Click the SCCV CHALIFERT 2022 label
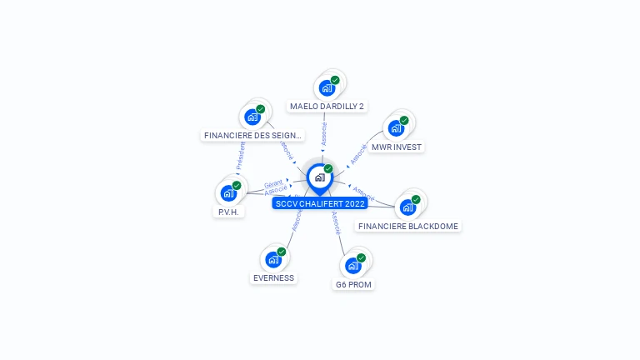coord(319,203)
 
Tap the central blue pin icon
coord(319,177)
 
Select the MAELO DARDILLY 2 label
coord(327,107)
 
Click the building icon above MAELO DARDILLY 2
coord(327,87)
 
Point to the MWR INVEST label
coord(397,147)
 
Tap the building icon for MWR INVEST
coord(397,128)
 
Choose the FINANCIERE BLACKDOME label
coord(407,226)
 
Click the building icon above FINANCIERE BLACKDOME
coord(408,207)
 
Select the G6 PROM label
coord(353,285)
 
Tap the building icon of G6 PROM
coord(353,266)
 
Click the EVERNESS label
coord(273,277)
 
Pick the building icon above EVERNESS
coord(273,259)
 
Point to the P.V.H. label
coord(228,212)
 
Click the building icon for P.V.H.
coord(229,192)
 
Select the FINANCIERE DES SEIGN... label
coord(252,135)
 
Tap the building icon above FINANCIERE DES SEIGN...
coord(252,117)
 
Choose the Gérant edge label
coord(273,184)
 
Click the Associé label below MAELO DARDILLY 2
coord(324,133)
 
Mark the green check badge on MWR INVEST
coord(404,121)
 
